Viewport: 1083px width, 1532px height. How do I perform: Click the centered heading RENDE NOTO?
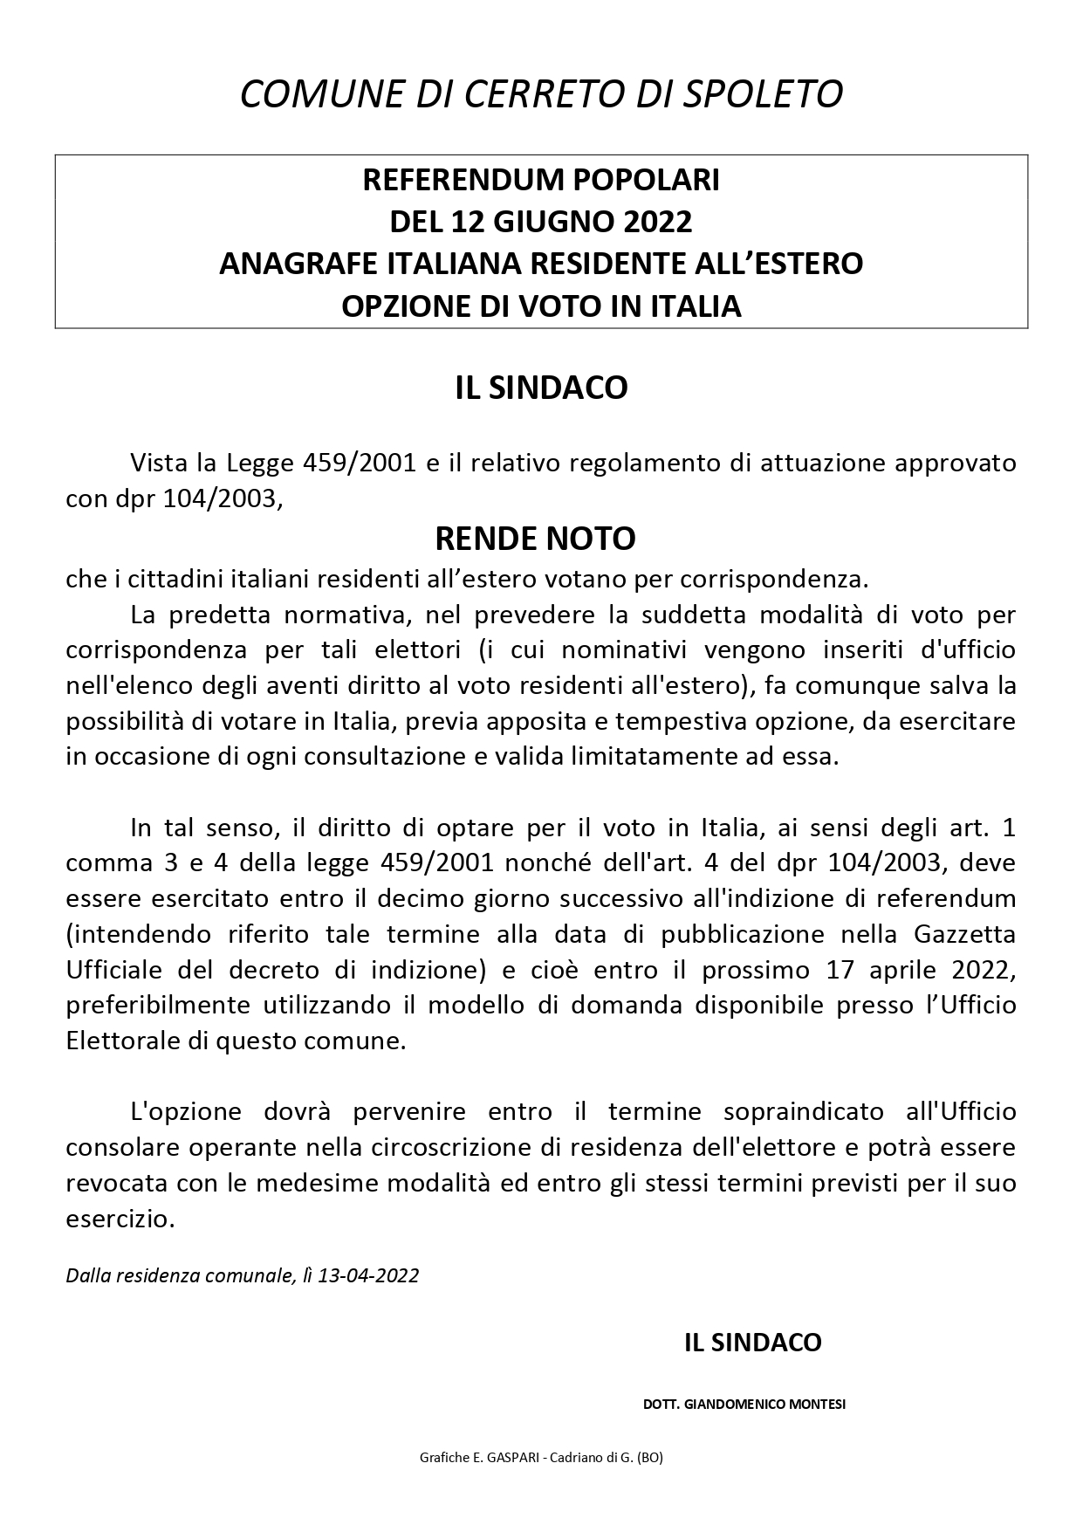click(x=535, y=539)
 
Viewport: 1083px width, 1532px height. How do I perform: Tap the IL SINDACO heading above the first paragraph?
click(x=541, y=388)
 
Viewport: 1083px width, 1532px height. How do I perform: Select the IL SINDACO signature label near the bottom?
click(x=752, y=1343)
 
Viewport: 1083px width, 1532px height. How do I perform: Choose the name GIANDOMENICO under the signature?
click(x=730, y=1405)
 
